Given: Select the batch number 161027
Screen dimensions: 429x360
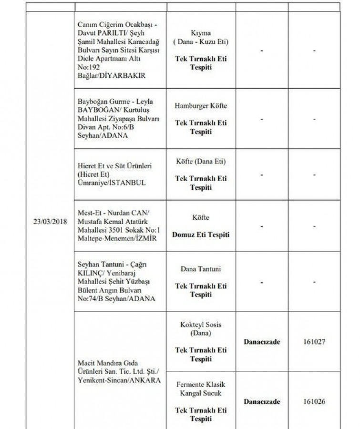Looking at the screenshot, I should click(314, 342).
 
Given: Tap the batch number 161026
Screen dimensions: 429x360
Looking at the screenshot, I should click(314, 401).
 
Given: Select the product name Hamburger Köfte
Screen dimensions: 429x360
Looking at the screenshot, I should click(201, 106).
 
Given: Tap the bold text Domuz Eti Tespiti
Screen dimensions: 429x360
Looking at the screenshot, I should click(201, 235).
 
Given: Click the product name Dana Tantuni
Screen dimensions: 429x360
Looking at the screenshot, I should click(201, 269).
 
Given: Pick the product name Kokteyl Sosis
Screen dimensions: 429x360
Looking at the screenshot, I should click(201, 325).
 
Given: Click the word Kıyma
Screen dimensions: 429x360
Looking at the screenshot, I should click(201, 34).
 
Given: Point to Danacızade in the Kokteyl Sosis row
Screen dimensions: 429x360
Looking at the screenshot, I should click(262, 342).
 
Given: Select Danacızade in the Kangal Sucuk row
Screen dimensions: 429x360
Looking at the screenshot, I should click(262, 401).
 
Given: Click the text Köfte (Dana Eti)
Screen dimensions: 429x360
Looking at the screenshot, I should click(201, 162).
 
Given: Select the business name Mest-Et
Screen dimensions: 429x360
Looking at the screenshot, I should click(88, 212).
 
